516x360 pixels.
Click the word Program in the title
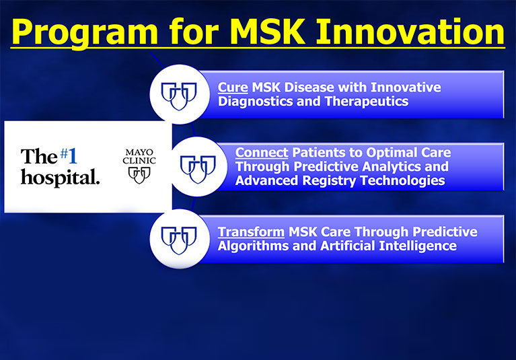85,32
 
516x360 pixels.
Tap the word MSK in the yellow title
268,32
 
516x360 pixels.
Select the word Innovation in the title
410,32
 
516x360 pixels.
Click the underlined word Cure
233,87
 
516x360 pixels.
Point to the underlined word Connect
262,153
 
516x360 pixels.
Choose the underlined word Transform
251,232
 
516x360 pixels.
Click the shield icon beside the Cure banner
179,96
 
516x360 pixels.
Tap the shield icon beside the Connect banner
198,169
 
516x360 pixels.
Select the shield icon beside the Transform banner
179,240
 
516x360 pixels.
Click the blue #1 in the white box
69,155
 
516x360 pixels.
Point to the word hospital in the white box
60,178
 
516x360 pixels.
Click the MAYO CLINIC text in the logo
139,157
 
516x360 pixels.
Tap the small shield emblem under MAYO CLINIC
139,175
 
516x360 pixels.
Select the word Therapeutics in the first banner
366,102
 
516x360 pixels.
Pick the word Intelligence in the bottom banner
417,246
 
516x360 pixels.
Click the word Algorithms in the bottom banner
253,246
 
